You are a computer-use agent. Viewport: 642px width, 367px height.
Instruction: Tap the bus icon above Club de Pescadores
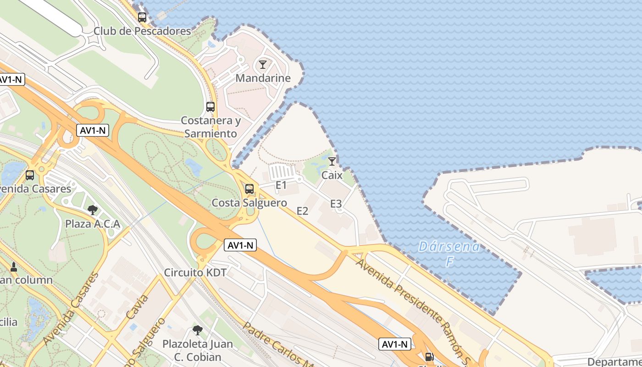click(142, 17)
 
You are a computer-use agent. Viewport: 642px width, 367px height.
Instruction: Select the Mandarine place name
click(263, 78)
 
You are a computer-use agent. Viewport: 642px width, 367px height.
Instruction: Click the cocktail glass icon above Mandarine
click(263, 65)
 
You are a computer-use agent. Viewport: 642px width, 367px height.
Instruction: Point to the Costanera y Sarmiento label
click(210, 127)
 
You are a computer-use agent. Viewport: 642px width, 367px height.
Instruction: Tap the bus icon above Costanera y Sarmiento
click(210, 107)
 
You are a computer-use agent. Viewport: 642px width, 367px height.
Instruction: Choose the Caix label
click(332, 175)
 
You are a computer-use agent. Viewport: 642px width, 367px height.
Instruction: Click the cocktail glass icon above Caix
click(332, 161)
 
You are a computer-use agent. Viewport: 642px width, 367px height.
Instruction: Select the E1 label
click(281, 185)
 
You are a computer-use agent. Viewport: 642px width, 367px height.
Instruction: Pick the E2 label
click(302, 211)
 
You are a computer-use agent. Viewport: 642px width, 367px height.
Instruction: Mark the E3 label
click(336, 204)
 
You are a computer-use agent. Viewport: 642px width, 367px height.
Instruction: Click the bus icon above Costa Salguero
click(249, 189)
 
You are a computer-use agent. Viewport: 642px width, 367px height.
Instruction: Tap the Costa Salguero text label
click(249, 203)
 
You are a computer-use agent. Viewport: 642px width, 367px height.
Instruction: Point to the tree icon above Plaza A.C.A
click(93, 210)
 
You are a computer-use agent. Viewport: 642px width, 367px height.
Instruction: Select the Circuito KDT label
click(195, 272)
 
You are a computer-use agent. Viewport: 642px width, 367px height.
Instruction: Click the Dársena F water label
click(449, 254)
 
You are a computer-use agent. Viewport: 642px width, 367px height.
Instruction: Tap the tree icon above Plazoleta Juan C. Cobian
click(198, 330)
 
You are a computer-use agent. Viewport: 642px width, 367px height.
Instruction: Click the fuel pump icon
click(429, 357)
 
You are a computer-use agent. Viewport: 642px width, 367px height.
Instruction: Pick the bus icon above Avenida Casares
click(30, 175)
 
